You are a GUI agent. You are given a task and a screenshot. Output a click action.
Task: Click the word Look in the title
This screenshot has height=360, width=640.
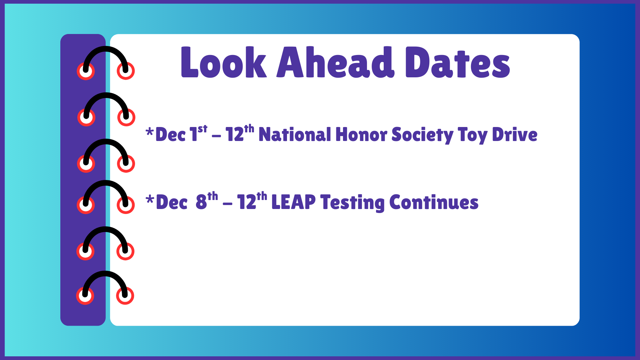(x=223, y=63)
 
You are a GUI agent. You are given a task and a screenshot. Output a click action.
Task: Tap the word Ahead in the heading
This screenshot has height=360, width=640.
(x=335, y=63)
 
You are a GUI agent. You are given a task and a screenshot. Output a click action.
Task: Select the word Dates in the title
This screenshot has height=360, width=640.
(x=457, y=63)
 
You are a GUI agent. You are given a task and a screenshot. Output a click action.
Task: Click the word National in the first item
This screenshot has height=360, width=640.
(x=295, y=135)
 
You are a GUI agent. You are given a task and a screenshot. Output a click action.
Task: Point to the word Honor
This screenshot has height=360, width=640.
(x=361, y=135)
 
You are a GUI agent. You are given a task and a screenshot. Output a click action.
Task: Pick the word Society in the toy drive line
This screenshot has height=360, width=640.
(x=422, y=135)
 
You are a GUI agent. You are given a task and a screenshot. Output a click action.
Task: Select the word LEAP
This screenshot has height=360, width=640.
(x=293, y=202)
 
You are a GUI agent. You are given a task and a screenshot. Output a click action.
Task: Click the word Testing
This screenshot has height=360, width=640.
(x=352, y=202)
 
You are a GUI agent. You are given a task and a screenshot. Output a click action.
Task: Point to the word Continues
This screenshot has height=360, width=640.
(x=434, y=202)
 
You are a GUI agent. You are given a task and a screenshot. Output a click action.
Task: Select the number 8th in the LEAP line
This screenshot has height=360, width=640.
(x=206, y=201)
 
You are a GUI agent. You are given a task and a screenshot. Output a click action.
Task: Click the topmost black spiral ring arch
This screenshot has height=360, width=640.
(x=105, y=49)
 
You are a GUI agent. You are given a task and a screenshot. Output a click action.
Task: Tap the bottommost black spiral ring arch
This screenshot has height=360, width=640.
(x=105, y=274)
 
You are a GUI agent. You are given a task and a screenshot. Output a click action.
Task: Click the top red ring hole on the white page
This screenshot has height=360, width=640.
(x=126, y=71)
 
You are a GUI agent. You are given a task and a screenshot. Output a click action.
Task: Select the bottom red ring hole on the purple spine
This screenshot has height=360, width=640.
(x=85, y=296)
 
